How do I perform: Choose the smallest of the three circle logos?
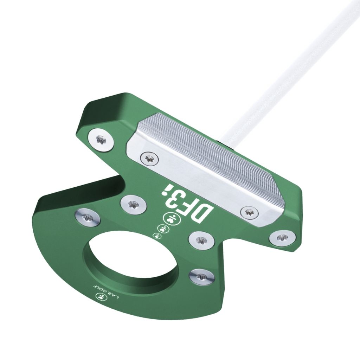point(157,235)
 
